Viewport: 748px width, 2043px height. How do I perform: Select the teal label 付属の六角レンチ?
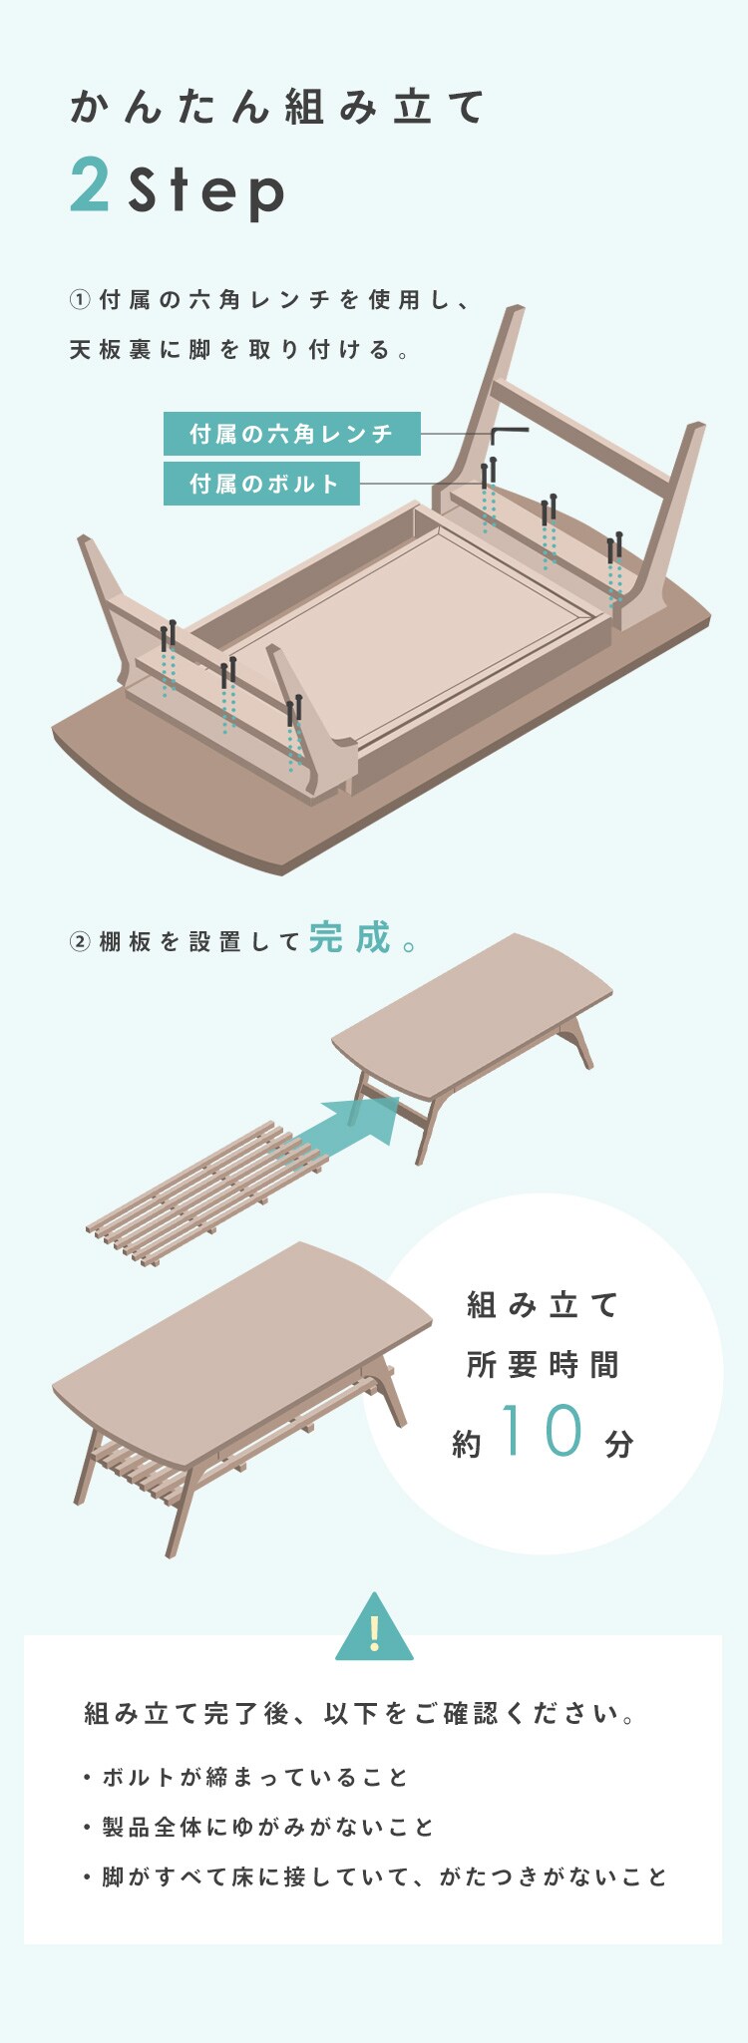click(x=292, y=434)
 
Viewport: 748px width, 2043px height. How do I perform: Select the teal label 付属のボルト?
click(x=261, y=484)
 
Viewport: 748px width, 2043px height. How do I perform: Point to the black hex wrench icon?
click(x=509, y=436)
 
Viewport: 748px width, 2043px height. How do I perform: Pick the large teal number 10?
click(x=544, y=1431)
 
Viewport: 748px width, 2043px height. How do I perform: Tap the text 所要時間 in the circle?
click(x=544, y=1364)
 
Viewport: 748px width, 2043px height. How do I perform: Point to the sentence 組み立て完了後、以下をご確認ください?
click(x=359, y=1714)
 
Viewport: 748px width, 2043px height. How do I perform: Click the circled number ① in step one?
click(x=80, y=299)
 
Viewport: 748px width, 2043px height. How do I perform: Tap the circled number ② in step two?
click(x=80, y=941)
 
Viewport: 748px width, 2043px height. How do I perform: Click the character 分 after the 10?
click(x=619, y=1443)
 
